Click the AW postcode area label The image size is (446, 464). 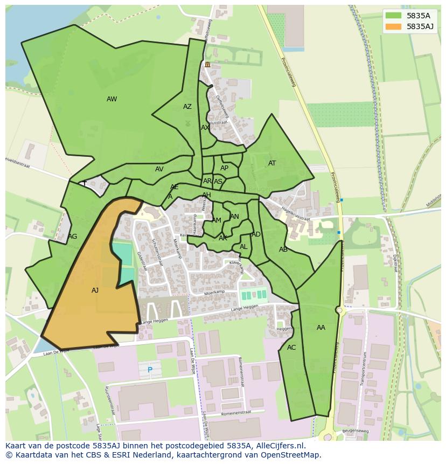[111, 99]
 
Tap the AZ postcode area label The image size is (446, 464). [187, 107]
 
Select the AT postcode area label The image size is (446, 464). [272, 163]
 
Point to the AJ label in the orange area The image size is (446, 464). [95, 290]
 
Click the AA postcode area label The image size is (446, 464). [321, 328]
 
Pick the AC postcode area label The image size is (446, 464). [291, 348]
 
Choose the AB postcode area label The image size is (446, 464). [283, 250]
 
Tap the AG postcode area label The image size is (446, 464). [73, 237]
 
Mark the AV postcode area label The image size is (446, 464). [159, 169]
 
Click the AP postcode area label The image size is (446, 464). [224, 168]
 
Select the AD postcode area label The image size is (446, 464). [256, 234]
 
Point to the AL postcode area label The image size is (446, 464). [243, 247]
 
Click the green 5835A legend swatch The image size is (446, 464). [393, 16]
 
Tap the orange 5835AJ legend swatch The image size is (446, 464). [393, 26]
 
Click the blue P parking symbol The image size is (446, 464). [150, 370]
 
